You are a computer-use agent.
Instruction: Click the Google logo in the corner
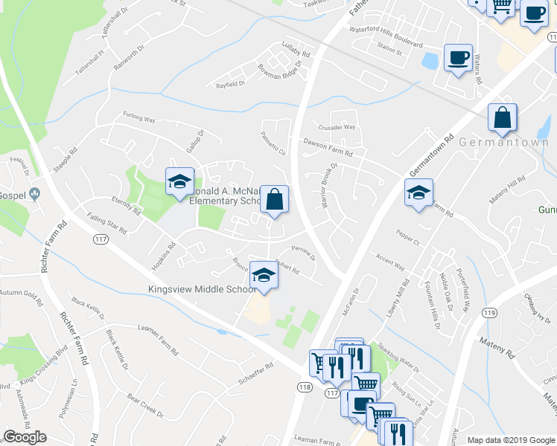25,437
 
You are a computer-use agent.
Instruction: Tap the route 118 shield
304,387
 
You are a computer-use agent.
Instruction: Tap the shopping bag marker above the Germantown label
503,117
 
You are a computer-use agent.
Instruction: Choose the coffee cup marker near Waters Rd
458,57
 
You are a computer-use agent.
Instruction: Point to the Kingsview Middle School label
203,289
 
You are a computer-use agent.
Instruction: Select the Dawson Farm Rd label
327,146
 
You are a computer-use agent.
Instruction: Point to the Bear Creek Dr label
145,404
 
